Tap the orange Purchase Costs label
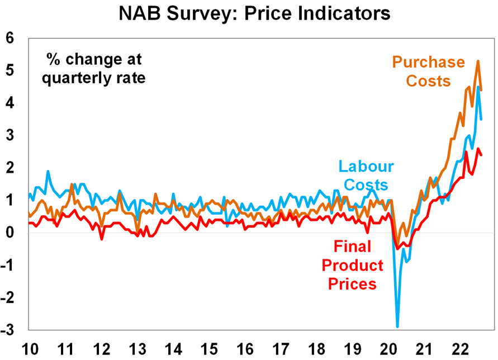click(x=428, y=71)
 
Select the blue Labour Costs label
click(x=366, y=176)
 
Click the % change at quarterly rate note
click(x=94, y=67)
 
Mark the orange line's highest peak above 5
click(x=478, y=61)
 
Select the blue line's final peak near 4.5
click(x=478, y=87)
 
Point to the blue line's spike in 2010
click(x=48, y=171)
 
